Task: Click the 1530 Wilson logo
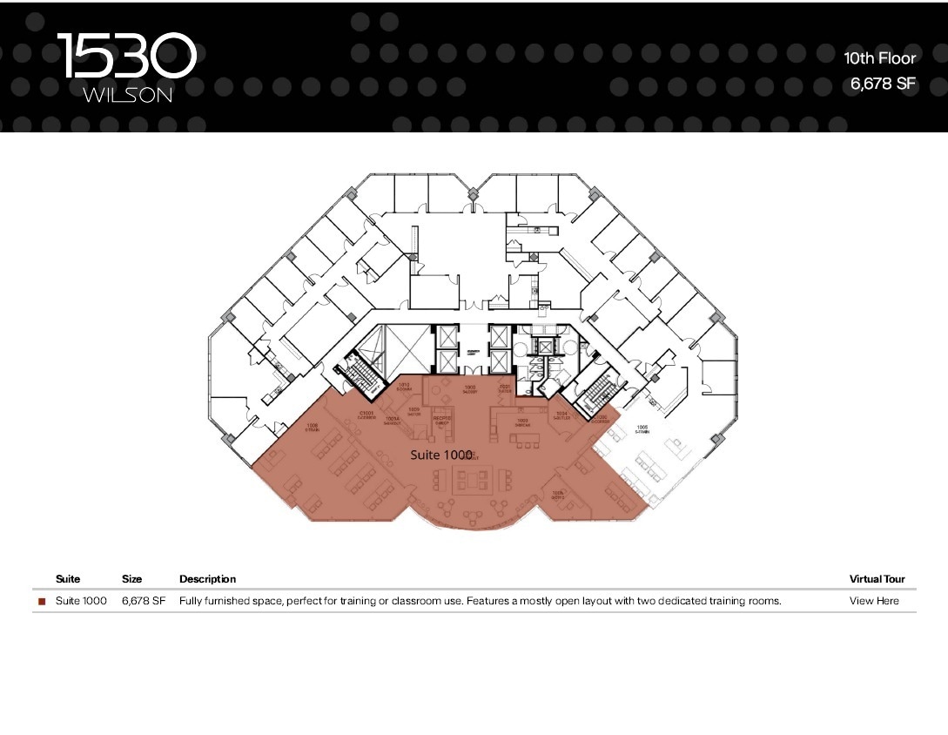point(127,67)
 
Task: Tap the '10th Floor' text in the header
point(879,58)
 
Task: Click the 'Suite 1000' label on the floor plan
point(440,455)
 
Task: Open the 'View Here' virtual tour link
point(874,601)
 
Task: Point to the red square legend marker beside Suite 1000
point(42,602)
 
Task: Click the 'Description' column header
point(207,579)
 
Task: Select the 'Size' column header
point(131,579)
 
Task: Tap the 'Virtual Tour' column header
point(877,579)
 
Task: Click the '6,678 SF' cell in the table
point(143,601)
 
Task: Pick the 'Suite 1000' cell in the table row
point(81,601)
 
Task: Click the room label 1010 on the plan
point(404,386)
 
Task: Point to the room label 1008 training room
point(312,427)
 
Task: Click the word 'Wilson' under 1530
point(127,96)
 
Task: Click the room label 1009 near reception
point(413,411)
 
